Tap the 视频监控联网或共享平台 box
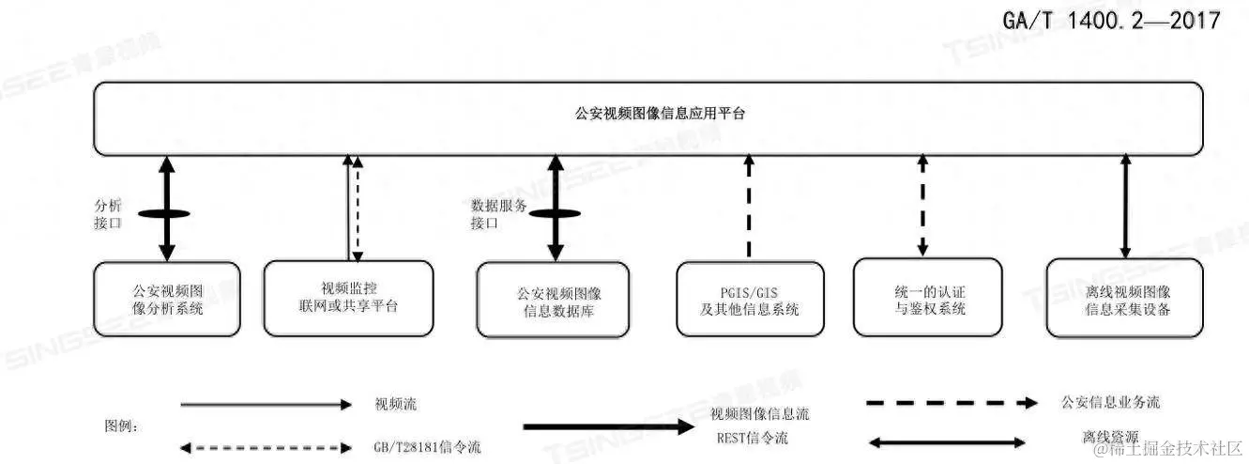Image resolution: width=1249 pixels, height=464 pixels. pyautogui.click(x=347, y=298)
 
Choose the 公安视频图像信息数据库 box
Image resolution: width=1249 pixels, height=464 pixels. pyautogui.click(x=551, y=300)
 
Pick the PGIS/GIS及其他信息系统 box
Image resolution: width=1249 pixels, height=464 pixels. pyautogui.click(x=750, y=300)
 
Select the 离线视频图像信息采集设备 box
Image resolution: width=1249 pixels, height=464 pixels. pyautogui.click(x=1124, y=300)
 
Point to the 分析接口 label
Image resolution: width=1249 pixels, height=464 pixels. pyautogui.click(x=110, y=214)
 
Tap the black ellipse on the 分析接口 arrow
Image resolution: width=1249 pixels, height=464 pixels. pyautogui.click(x=167, y=214)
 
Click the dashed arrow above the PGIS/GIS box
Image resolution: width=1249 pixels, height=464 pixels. pyautogui.click(x=749, y=207)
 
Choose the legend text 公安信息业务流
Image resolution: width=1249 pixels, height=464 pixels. pyautogui.click(x=1109, y=402)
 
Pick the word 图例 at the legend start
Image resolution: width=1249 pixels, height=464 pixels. pyautogui.click(x=122, y=425)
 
